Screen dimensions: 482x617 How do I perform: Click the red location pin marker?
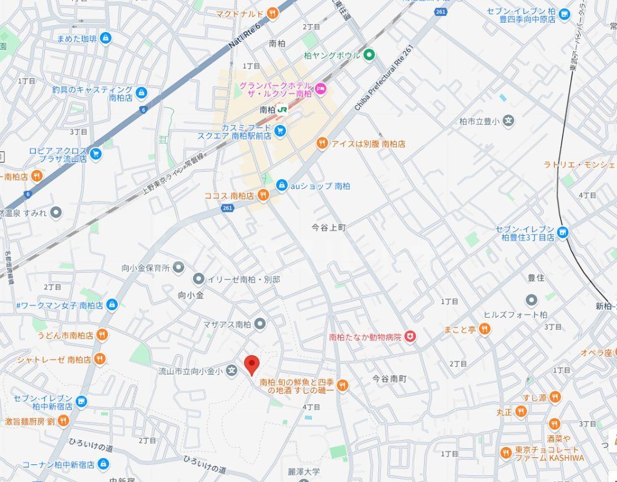point(251,364)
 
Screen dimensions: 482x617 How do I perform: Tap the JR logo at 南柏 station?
point(283,109)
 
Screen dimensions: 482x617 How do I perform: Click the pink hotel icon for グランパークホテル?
point(320,90)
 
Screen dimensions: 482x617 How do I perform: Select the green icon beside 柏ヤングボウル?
point(369,55)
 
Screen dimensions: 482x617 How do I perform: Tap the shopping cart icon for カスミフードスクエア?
point(280,131)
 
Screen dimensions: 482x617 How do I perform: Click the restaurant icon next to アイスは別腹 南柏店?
point(322,143)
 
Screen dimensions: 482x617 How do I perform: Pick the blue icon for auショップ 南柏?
point(281,185)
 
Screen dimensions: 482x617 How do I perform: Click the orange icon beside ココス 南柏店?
point(263,195)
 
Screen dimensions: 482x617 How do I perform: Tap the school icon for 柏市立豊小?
point(509,121)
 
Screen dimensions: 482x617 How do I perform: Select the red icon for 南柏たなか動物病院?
point(411,337)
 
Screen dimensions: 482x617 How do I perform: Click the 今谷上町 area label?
point(329,227)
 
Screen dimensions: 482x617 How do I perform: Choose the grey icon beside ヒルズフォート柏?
point(531,300)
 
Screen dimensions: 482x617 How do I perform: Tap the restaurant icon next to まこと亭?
point(485,329)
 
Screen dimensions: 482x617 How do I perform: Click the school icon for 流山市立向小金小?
point(231,371)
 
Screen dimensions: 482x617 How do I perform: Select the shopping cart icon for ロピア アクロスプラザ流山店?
point(96,153)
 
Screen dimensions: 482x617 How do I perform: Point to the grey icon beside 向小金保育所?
point(179,268)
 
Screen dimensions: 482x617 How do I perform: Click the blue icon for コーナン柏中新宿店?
point(104,464)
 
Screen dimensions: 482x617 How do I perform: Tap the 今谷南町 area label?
point(390,379)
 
